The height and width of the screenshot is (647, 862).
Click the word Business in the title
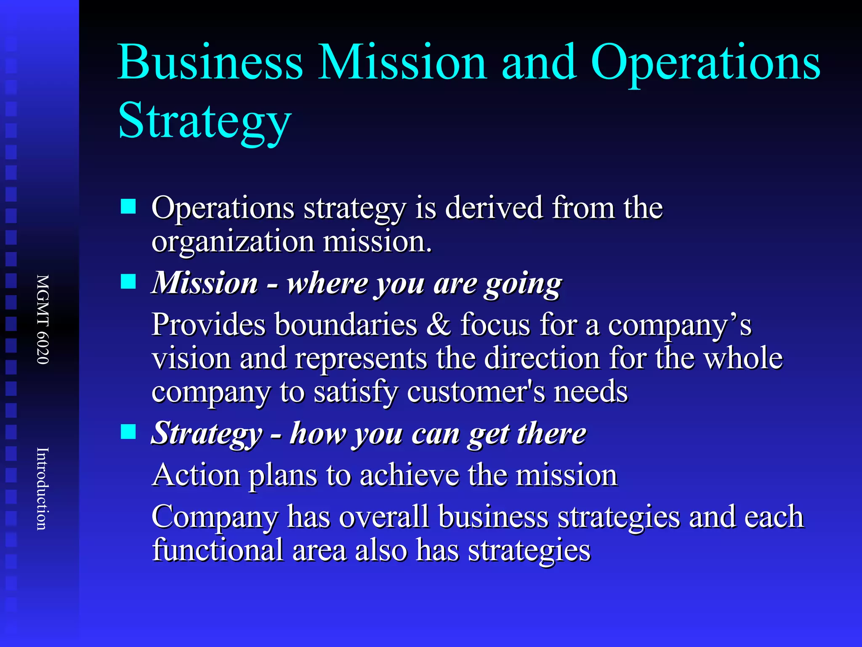210,62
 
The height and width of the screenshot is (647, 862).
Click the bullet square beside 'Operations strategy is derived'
128,207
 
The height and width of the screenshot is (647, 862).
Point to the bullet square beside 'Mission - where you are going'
128,281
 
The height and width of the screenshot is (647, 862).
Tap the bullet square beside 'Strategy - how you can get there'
128,432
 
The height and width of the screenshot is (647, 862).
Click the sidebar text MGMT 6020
43,319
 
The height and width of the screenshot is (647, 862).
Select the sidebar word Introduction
43,489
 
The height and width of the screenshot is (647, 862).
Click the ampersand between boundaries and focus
438,324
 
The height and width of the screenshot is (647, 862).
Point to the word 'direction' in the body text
542,358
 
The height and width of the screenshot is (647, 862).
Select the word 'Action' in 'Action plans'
196,475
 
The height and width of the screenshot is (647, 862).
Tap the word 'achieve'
409,475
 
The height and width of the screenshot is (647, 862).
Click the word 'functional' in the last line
218,550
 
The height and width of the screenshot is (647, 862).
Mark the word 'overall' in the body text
384,516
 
